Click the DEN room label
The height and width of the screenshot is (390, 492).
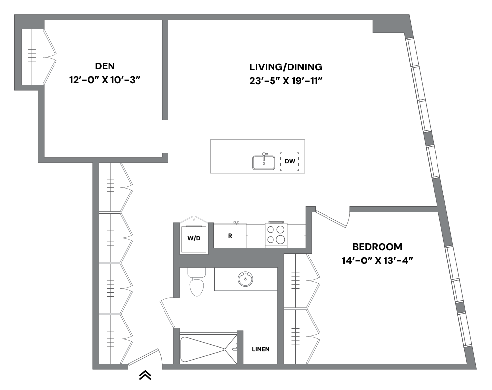[105, 66]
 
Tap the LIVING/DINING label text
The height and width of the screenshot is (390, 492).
[286, 67]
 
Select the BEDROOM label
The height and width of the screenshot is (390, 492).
[377, 246]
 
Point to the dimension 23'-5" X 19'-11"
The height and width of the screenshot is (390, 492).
[286, 81]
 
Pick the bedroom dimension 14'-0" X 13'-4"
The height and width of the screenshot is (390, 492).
[377, 260]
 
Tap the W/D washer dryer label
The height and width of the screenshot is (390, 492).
[194, 238]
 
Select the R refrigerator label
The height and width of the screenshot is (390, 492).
[230, 236]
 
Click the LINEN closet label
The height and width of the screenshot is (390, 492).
[260, 349]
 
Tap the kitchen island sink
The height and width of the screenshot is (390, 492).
[264, 162]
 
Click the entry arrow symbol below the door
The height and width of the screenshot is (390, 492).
[145, 376]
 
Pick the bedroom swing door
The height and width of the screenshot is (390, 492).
[331, 219]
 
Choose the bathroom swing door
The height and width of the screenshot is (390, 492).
[167, 313]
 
